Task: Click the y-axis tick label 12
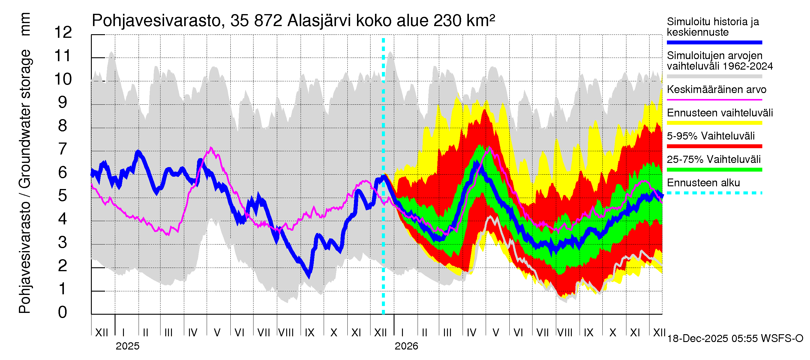[x=63, y=33]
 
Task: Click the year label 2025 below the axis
[x=127, y=346]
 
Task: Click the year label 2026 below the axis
[x=406, y=346]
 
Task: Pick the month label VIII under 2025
[x=286, y=333]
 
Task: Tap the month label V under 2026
[x=496, y=333]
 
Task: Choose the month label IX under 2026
[x=588, y=333]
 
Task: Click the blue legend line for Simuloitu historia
[x=714, y=42]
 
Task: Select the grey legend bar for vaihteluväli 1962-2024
[x=714, y=76]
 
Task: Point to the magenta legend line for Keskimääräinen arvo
[x=714, y=100]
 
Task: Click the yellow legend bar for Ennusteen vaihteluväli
[x=714, y=123]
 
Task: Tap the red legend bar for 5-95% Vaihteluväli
[x=714, y=146]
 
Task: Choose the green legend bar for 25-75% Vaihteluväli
[x=714, y=170]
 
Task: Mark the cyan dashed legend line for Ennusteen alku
[x=714, y=193]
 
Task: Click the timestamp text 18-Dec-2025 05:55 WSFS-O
[x=735, y=339]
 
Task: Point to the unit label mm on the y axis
[x=25, y=24]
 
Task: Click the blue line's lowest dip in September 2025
[x=309, y=276]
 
